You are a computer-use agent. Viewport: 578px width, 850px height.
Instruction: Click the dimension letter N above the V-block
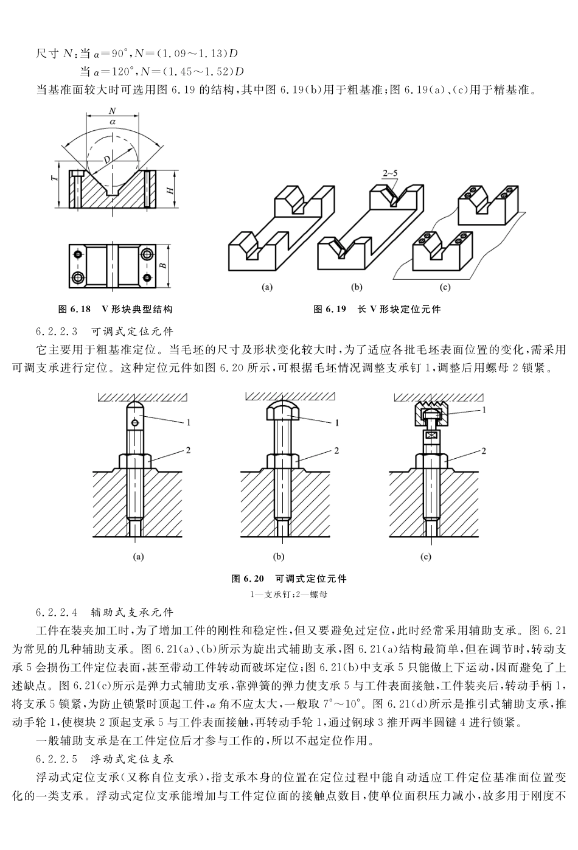coord(112,111)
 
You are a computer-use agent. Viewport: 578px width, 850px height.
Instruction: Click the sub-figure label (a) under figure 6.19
coord(266,287)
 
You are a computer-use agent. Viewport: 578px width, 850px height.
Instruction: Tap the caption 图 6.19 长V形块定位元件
coord(377,309)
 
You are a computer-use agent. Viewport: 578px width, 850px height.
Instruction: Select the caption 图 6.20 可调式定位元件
coord(289,578)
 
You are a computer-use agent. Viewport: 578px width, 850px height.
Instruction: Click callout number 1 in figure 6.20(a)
coord(189,421)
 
